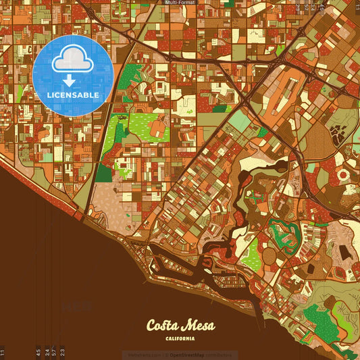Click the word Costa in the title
[x=164, y=326]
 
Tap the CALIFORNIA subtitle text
[x=180, y=339]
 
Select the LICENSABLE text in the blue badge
[x=72, y=95]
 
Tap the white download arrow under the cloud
[x=69, y=80]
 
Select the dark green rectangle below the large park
[x=103, y=173]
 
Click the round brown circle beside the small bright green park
[x=269, y=256]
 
